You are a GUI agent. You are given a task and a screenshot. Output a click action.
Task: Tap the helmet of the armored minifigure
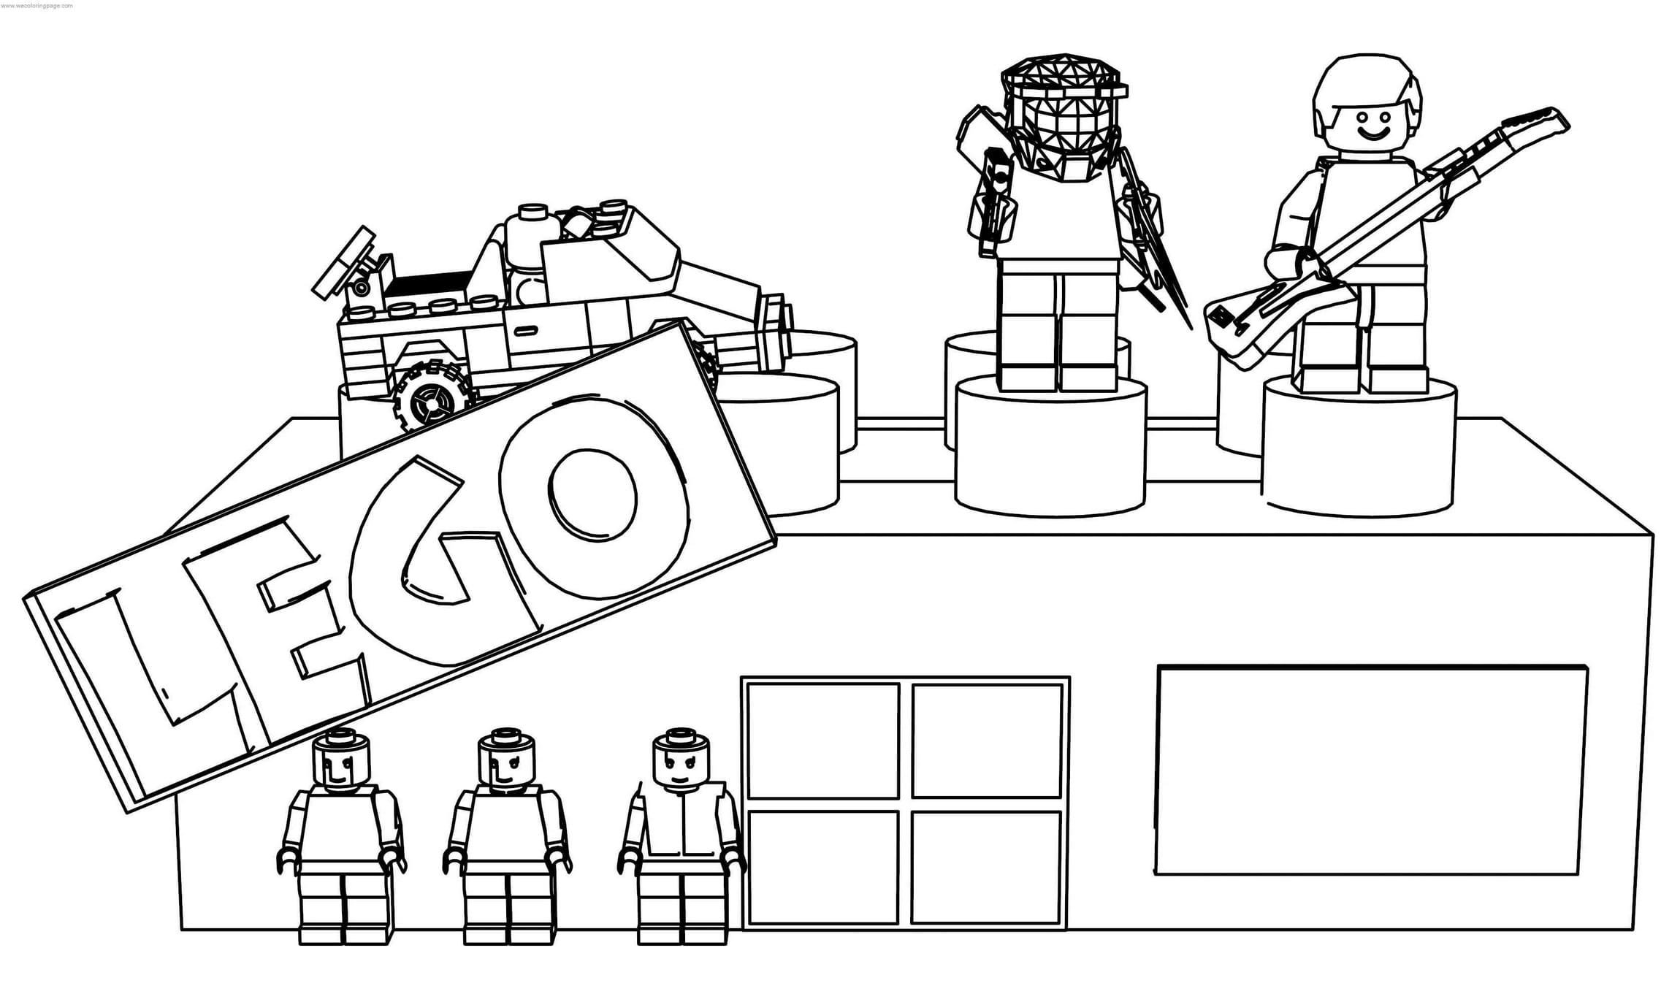coord(1063,117)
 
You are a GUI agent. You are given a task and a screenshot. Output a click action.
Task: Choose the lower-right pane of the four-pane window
coord(986,867)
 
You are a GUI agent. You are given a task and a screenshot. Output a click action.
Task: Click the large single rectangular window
coord(1371,769)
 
